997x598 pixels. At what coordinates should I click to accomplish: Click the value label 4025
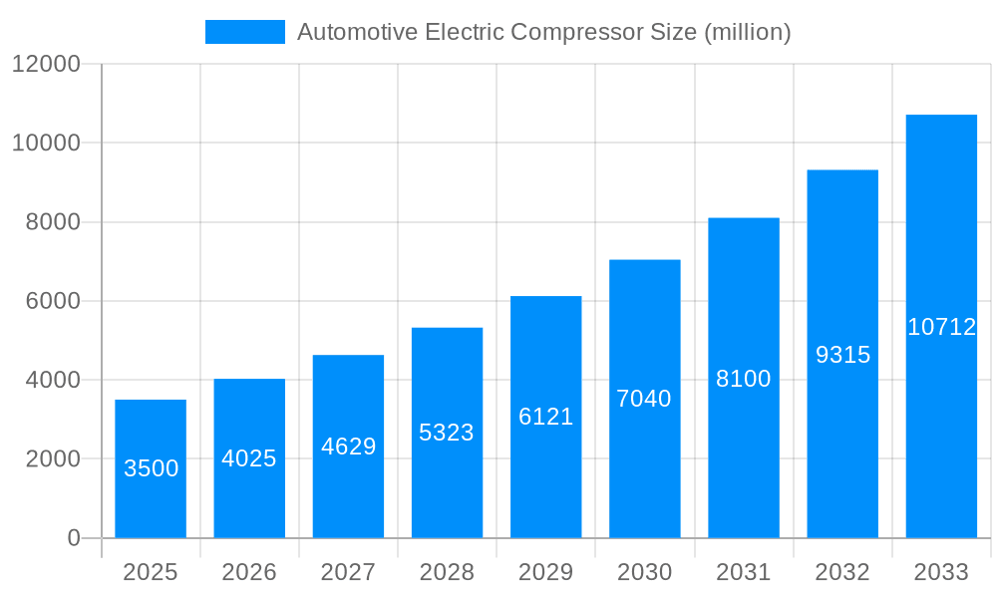(249, 458)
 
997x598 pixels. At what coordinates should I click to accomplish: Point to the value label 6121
(545, 417)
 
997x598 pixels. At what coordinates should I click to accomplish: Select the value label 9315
(842, 355)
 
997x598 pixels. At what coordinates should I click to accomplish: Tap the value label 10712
(941, 327)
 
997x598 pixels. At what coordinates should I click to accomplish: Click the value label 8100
(743, 379)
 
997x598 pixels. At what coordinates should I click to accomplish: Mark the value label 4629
(348, 446)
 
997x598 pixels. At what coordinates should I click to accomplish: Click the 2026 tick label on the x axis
(249, 572)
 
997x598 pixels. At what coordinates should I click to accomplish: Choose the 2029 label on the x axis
(545, 572)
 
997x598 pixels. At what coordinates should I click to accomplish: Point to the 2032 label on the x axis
(842, 572)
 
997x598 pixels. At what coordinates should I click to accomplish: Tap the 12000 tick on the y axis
(45, 65)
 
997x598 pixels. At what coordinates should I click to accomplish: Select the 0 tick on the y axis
(73, 538)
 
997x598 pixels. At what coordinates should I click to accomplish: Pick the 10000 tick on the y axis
(45, 144)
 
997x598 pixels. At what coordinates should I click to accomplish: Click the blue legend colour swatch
(244, 32)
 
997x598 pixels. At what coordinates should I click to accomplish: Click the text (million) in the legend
(747, 32)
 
